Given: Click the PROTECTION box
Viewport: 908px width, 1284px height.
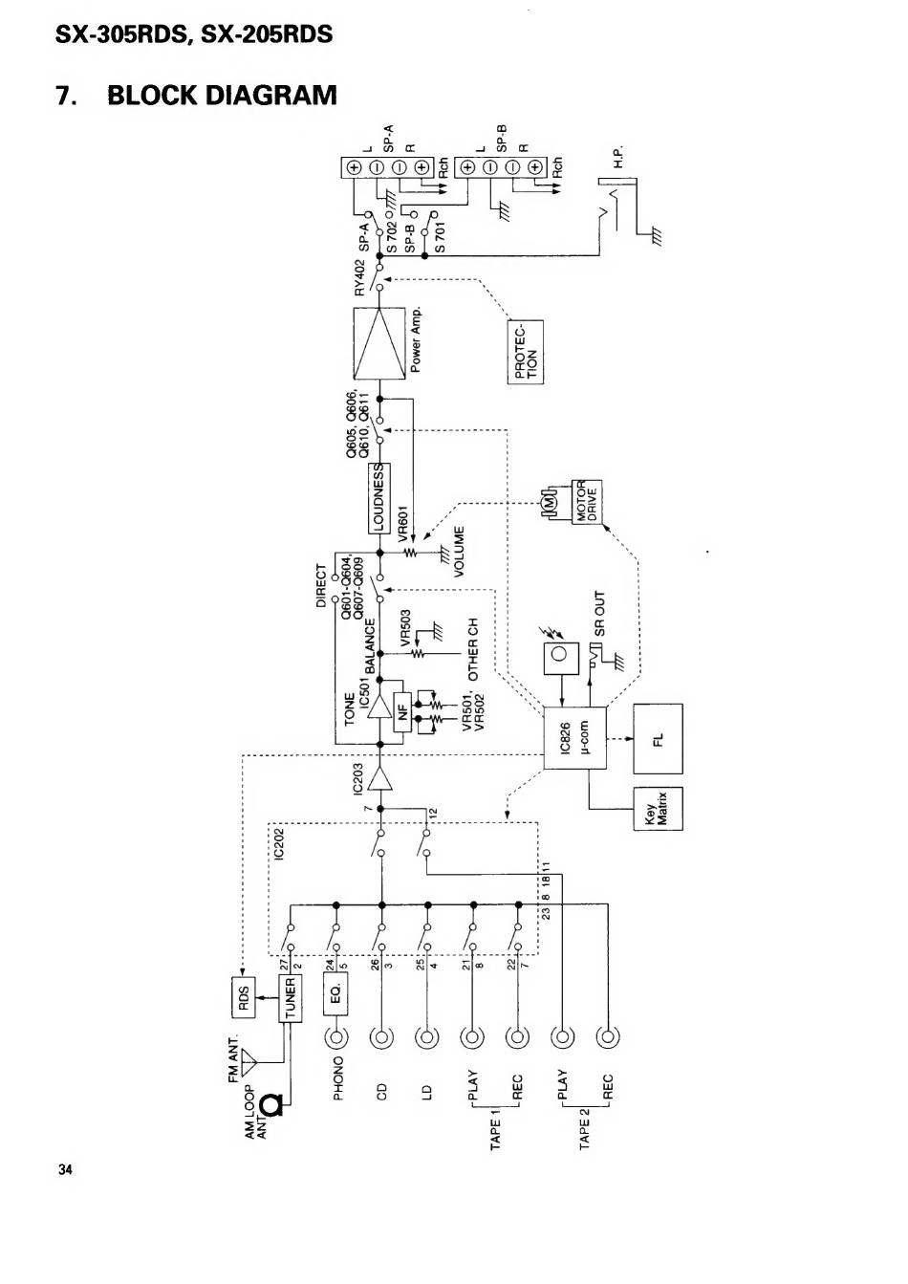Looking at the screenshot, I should (x=526, y=352).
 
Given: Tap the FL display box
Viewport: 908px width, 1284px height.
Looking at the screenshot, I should (x=658, y=738).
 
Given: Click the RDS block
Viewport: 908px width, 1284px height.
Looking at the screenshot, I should (x=243, y=999).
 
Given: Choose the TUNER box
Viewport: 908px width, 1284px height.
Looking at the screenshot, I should (x=290, y=999).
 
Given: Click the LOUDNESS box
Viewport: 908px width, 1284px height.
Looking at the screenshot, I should (x=379, y=498).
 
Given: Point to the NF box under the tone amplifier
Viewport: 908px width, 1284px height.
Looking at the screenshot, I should (x=402, y=710).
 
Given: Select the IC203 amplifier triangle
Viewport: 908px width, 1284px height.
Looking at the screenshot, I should (x=381, y=779).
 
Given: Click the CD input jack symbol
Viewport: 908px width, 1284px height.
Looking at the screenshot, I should (x=381, y=1037).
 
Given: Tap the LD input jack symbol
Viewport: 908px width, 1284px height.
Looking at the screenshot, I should (x=427, y=1037).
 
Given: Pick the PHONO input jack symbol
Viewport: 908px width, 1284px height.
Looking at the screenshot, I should (x=335, y=1037).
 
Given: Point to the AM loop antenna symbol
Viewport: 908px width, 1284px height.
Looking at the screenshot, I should (x=274, y=1105).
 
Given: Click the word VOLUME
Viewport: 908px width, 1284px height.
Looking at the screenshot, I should (x=459, y=552).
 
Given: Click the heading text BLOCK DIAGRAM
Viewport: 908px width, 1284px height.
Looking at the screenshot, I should (x=222, y=96).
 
